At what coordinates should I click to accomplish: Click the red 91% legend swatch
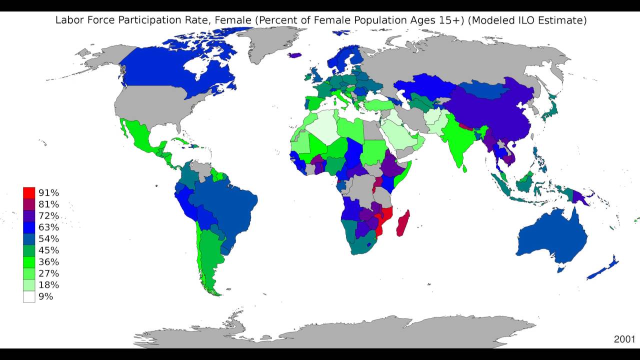point(29,192)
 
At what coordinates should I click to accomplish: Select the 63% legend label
point(48,227)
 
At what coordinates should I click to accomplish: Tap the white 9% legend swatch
point(29,296)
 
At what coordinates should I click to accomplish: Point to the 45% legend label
point(48,250)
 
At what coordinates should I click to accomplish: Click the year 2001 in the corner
point(624,339)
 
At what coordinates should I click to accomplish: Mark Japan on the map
point(550,110)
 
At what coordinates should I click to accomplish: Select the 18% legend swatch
point(29,285)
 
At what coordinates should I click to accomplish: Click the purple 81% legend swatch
point(29,204)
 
